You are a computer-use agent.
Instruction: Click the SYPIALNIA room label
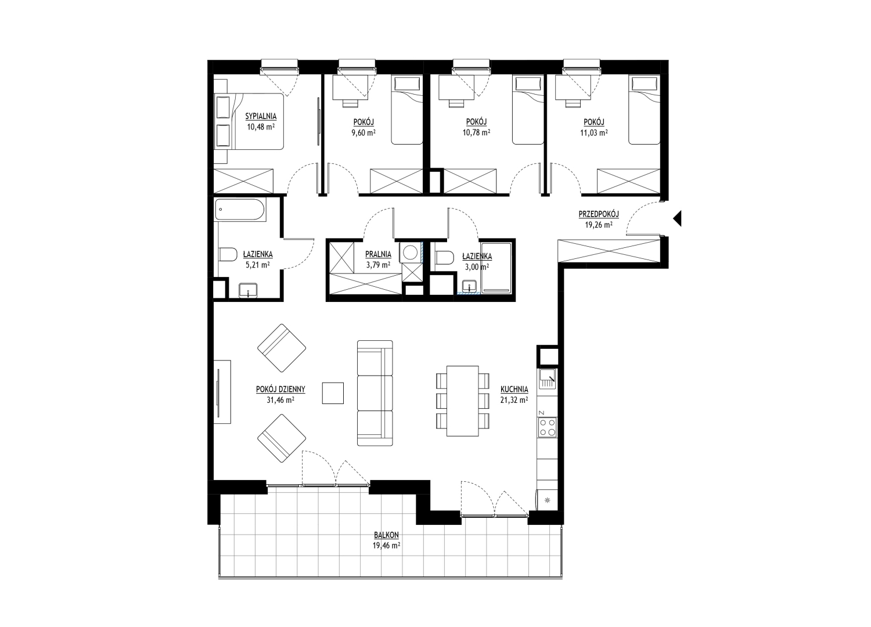tap(261, 116)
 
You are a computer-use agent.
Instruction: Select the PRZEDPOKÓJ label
tap(599, 214)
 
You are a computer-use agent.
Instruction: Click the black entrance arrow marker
tap(677, 218)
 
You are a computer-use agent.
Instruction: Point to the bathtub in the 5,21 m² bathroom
tap(240, 210)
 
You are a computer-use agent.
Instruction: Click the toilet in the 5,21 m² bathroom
tap(228, 255)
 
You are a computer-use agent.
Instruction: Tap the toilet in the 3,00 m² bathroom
tap(444, 257)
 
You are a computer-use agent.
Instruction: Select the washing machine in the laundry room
tap(410, 253)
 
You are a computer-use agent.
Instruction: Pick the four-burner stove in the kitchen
tap(548, 428)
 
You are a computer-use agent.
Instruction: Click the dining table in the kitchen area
tap(462, 401)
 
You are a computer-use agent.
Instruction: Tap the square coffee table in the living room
tap(333, 393)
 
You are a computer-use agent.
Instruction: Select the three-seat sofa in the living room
tap(375, 392)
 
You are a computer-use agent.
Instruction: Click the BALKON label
tap(386, 535)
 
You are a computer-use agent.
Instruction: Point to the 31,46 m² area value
tap(280, 399)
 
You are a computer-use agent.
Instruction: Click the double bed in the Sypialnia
tap(249, 121)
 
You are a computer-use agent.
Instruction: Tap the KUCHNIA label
tap(514, 389)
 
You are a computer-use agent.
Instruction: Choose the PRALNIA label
tap(378, 255)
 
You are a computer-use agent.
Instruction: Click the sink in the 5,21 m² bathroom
tap(248, 290)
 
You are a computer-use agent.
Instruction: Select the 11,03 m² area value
tap(594, 132)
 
